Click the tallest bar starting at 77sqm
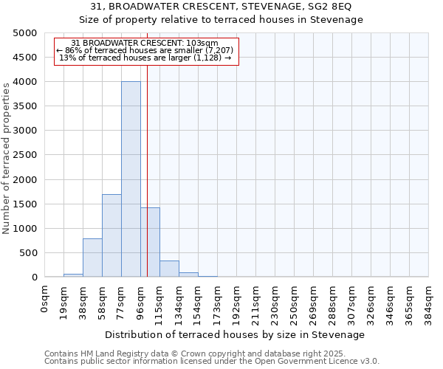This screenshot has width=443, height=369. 131,179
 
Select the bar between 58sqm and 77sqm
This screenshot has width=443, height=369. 111,235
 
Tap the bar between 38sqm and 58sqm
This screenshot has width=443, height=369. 92,258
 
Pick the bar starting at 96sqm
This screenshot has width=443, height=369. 150,242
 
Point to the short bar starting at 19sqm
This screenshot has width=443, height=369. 73,275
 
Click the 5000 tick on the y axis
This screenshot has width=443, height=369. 24,33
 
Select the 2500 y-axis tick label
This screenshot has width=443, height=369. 24,155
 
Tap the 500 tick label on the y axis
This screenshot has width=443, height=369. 27,253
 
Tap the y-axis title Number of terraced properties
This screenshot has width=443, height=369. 7,158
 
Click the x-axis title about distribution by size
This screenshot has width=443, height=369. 236,334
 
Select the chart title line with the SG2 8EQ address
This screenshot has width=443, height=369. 221,7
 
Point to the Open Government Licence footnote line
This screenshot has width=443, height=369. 212,362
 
